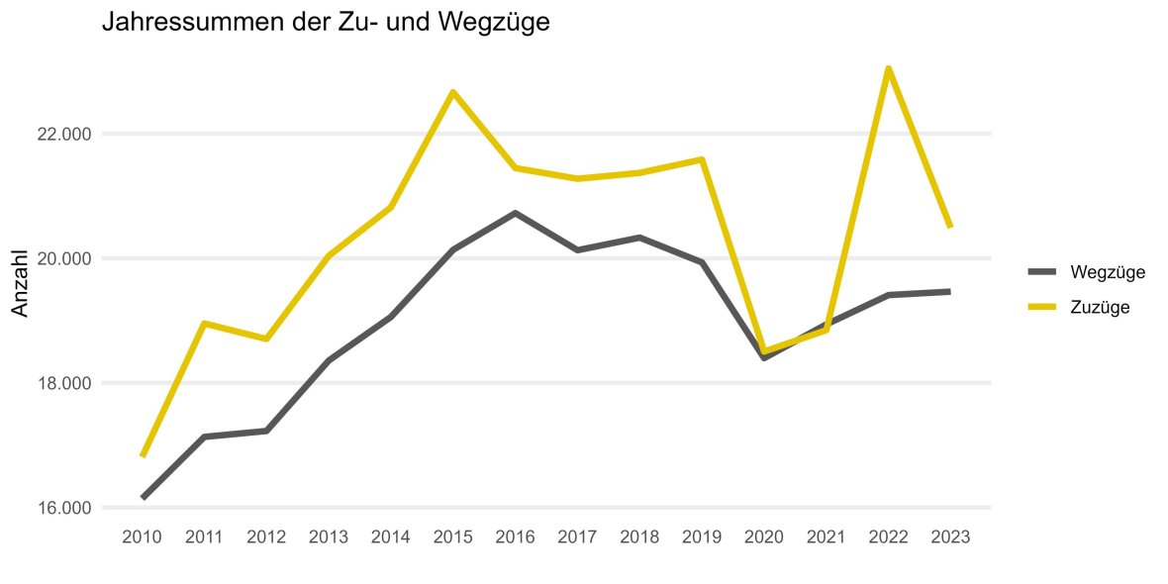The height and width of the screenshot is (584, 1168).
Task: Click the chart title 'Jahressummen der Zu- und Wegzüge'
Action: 326,22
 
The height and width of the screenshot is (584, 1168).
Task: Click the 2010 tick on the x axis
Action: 143,537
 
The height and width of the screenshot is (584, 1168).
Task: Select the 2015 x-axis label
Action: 452,537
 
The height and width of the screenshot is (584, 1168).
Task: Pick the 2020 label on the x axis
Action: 763,537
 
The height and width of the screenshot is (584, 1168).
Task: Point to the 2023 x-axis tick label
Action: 950,537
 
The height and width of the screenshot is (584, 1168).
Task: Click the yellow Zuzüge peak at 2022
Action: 889,68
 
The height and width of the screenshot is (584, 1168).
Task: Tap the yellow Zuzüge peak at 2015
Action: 452,92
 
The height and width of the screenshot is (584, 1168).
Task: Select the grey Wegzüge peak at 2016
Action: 515,213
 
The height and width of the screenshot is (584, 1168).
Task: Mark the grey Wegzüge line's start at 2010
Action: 144,497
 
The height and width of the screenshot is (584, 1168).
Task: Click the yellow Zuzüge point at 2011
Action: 205,323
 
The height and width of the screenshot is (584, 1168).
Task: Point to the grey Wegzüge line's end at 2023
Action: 949,291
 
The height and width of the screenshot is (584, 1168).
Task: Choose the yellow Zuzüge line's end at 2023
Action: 949,227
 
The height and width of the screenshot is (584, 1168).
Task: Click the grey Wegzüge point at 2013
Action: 329,359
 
